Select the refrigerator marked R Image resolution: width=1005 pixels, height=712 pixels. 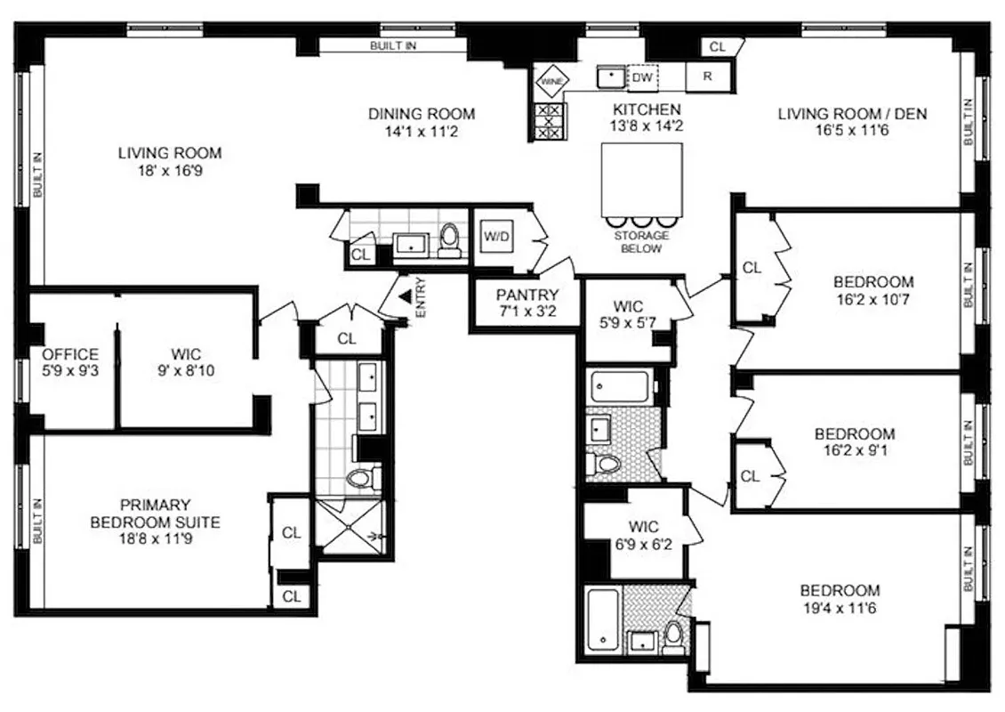pos(707,77)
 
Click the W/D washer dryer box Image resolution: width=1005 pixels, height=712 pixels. pos(494,237)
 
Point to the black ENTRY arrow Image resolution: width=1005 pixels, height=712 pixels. pos(405,297)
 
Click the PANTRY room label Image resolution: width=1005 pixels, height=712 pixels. pos(527,295)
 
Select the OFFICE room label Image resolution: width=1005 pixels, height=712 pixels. pos(70,354)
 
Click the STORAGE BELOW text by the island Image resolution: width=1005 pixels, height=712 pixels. pos(640,242)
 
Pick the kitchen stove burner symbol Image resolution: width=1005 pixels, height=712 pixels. pos(550,121)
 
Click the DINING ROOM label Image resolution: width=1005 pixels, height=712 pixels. pos(422,114)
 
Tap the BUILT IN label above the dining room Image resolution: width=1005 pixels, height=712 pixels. pos(393,45)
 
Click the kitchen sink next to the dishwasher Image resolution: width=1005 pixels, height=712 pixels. pos(611,77)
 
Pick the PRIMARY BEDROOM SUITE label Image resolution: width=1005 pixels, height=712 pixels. pos(155,514)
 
